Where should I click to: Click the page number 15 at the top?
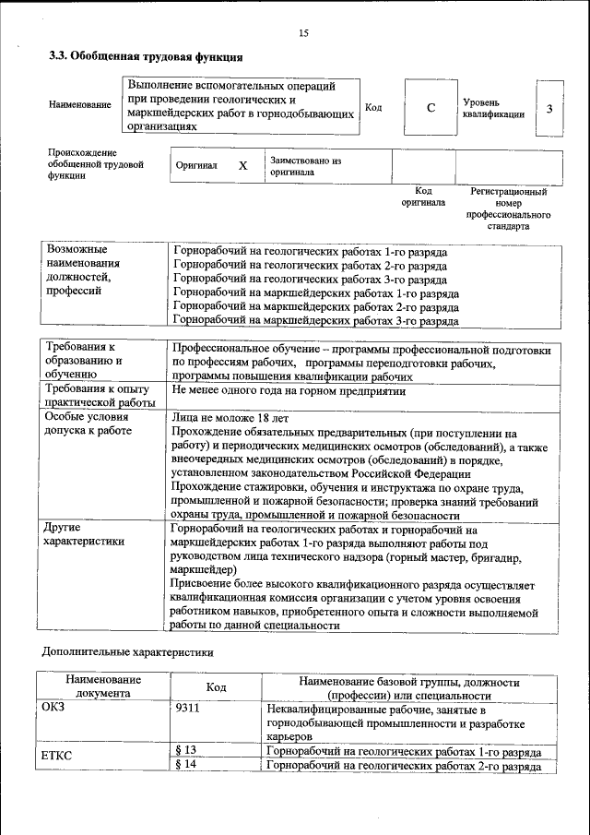tap(303, 33)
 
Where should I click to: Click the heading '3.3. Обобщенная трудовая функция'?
tap(146, 56)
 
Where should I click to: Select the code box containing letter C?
tap(431, 109)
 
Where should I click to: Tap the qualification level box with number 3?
tap(549, 109)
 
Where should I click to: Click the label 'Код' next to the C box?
tap(373, 108)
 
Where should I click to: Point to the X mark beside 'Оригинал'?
tap(243, 166)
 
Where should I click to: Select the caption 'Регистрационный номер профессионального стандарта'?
tap(508, 209)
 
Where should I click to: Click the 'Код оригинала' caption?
tap(423, 197)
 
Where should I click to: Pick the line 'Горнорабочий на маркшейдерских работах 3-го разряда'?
tap(316, 321)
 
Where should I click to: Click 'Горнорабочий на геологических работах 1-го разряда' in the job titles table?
tap(311, 252)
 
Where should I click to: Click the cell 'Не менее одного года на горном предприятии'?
tap(289, 391)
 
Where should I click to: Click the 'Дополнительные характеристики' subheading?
tap(128, 651)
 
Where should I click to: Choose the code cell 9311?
tap(188, 710)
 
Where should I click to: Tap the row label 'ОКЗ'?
tap(54, 710)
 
